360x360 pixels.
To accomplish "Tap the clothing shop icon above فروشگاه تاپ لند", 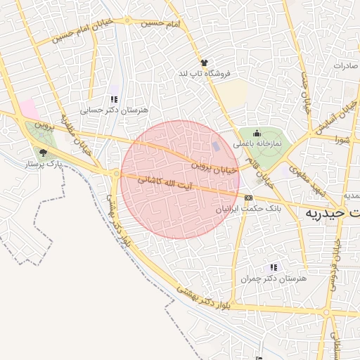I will tap(204, 63).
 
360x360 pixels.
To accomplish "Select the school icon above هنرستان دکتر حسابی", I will tap(114, 99).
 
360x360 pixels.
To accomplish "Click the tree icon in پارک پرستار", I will tap(44, 153).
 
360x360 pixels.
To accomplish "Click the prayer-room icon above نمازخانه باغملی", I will tap(257, 133).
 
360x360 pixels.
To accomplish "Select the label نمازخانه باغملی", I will tap(257, 143).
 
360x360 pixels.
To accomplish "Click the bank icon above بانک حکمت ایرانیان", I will tap(248, 198).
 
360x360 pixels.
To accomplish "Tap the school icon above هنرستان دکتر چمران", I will tap(274, 267).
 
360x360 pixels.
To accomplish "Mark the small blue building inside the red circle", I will tap(216, 146).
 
